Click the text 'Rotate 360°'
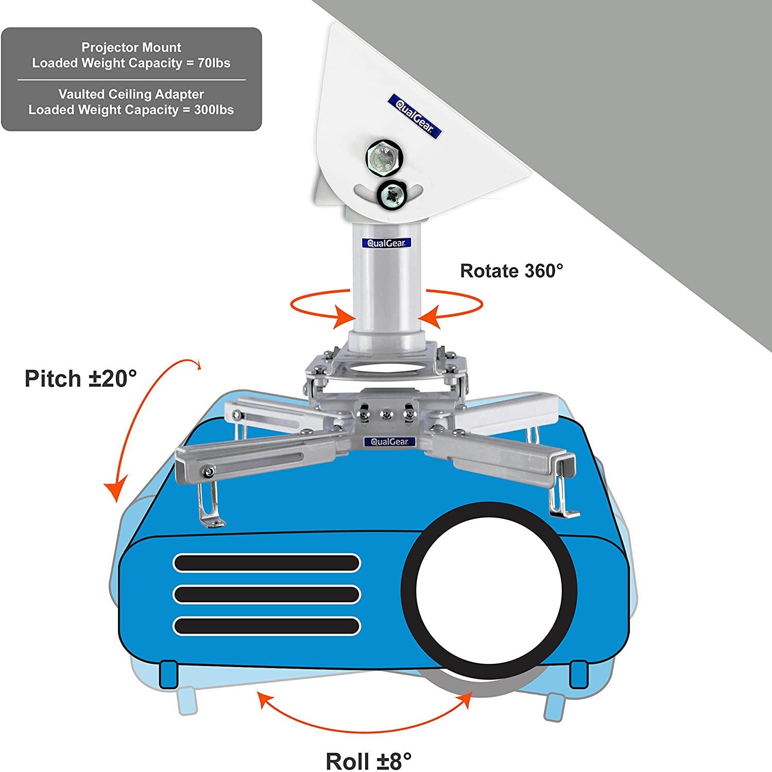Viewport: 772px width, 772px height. pos(511,271)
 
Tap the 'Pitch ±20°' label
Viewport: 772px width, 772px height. pos(81,379)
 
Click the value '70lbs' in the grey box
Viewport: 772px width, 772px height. pos(214,63)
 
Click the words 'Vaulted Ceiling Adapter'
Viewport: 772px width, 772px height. pos(131,94)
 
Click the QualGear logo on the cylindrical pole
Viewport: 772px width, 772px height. pos(386,243)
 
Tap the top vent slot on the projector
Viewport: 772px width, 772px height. pos(267,563)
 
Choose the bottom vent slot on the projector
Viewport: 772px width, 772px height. pos(267,626)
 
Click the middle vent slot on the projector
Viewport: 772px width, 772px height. pos(267,594)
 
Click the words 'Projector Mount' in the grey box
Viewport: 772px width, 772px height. pos(131,48)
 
